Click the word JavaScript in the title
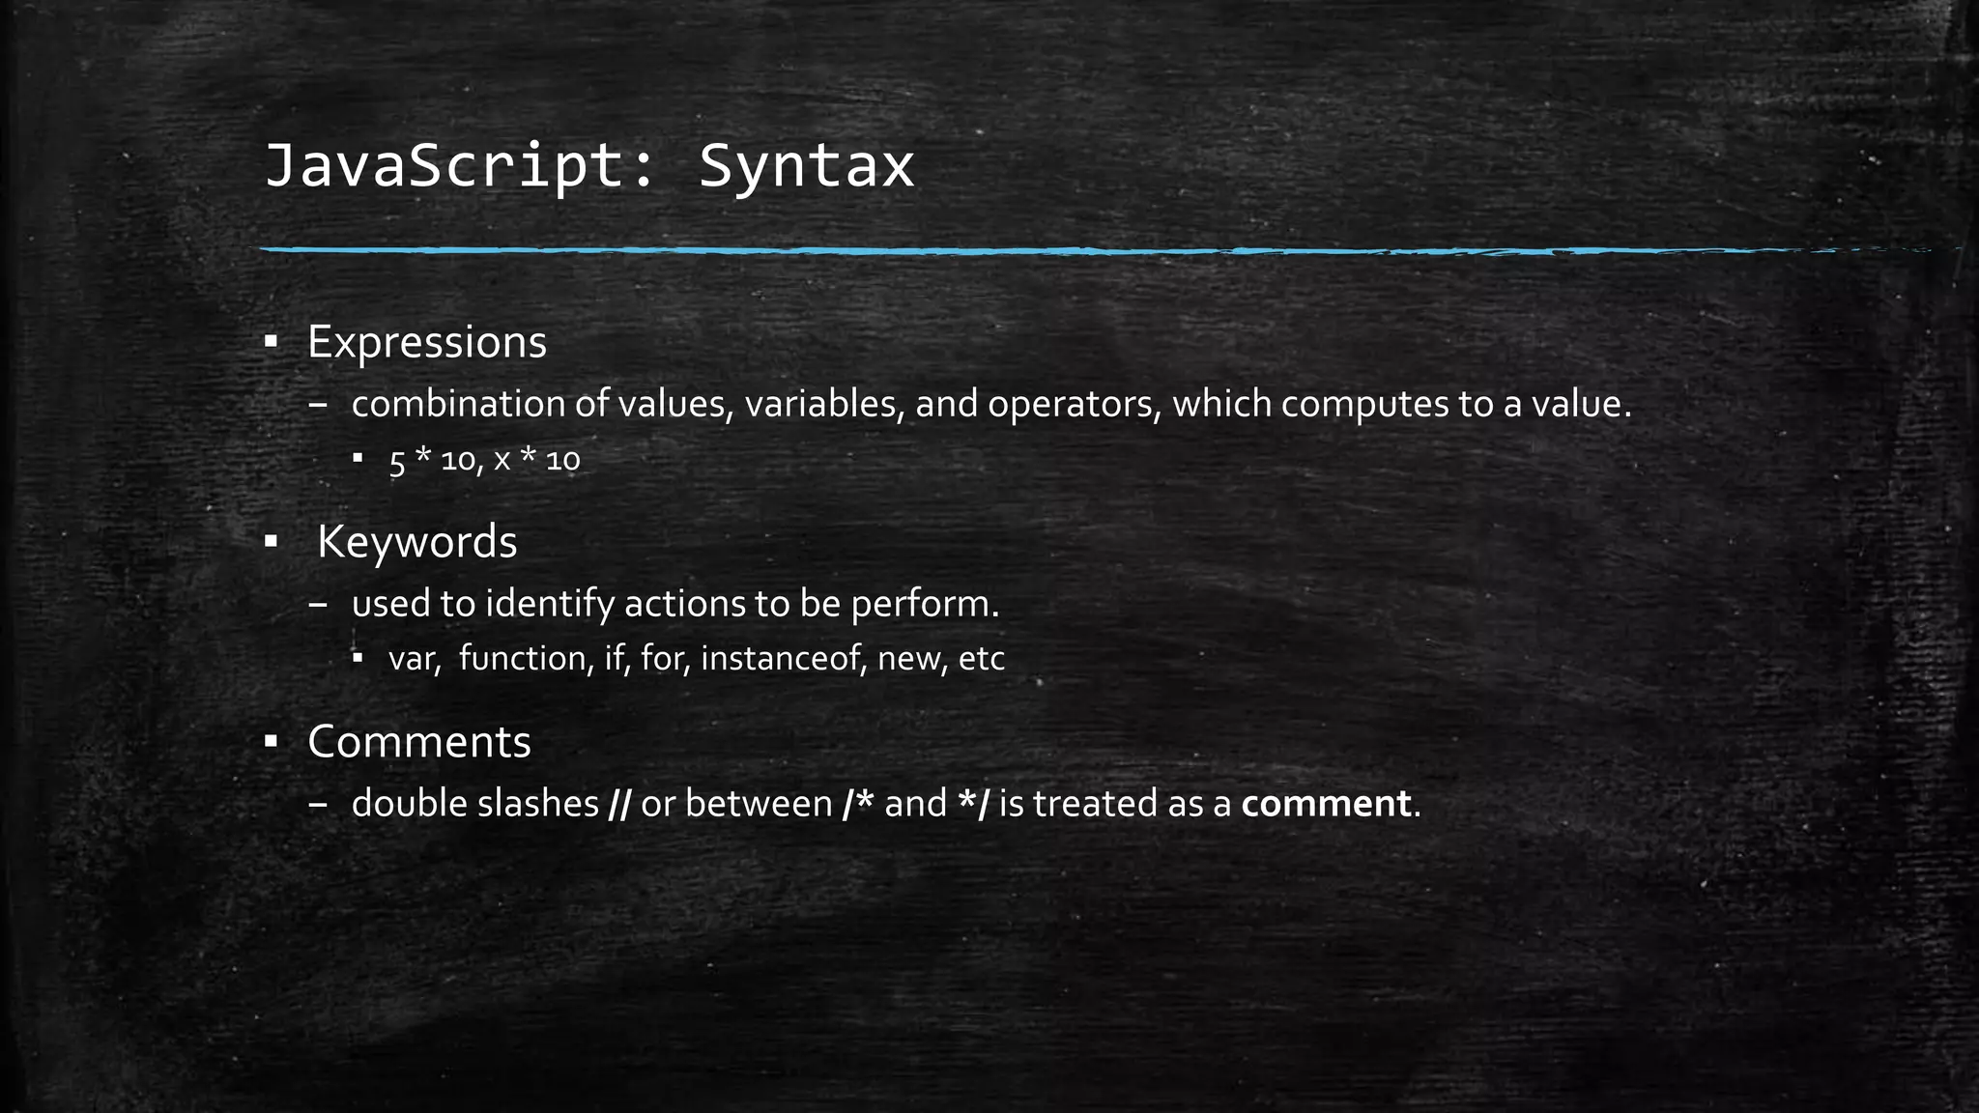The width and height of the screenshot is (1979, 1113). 445,166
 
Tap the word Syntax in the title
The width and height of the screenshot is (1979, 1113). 806,166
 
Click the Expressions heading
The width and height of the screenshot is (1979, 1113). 426,342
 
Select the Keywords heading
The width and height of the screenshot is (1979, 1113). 416,541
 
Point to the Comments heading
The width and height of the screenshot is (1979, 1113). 418,742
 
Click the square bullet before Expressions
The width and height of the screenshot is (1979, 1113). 271,341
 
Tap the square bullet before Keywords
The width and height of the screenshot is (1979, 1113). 271,541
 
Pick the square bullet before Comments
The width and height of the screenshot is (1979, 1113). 271,742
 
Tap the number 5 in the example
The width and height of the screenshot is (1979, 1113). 397,462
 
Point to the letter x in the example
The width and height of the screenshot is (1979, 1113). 502,461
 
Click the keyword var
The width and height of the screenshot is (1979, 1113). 414,659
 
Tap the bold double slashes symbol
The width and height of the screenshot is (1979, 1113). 619,804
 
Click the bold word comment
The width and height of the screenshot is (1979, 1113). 1326,804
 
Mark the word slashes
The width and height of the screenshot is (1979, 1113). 537,804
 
